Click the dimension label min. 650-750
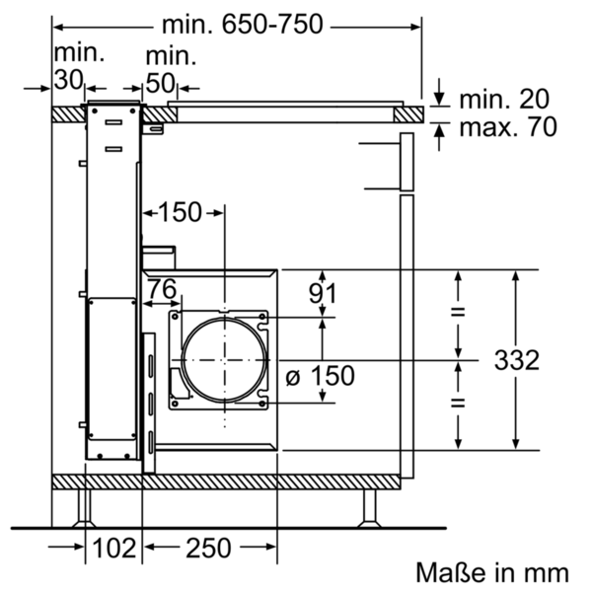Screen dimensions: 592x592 [243, 25]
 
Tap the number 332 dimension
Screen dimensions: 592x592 [516, 360]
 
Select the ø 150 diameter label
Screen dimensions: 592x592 [320, 376]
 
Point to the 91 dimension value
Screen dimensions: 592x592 [323, 293]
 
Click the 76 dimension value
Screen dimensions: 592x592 [162, 289]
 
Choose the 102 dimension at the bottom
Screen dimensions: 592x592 [114, 548]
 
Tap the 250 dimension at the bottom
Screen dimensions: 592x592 [208, 548]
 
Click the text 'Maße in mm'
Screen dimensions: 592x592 [492, 572]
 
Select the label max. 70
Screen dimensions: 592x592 [508, 127]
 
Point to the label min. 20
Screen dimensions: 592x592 [504, 99]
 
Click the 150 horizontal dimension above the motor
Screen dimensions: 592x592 [180, 212]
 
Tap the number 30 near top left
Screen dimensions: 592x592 [68, 80]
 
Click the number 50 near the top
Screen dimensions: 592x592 [161, 83]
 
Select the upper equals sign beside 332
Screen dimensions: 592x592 [458, 312]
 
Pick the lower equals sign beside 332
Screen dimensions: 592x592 [458, 404]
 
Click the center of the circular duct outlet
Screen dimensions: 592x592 [225, 360]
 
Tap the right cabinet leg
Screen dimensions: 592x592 [370, 508]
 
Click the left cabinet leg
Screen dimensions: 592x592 [84, 508]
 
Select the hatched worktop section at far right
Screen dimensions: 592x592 [408, 114]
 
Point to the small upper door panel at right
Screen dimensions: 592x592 [407, 162]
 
